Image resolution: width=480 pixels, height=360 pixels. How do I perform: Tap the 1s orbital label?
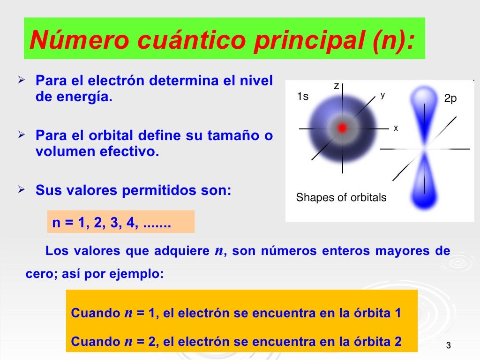[303, 97]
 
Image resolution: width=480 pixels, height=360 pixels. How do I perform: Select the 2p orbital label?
[450, 98]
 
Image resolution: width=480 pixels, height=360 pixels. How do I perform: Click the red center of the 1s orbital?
[343, 127]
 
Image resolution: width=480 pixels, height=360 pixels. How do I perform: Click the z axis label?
[336, 86]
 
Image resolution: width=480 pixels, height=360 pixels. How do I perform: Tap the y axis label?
[382, 95]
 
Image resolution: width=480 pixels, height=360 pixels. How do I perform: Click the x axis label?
[396, 127]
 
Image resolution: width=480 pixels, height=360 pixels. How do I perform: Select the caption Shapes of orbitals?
[341, 197]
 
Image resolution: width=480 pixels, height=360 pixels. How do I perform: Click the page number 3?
[448, 346]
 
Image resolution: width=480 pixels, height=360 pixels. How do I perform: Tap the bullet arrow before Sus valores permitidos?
[21, 190]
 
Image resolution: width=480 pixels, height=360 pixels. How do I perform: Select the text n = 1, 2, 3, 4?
[112, 223]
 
